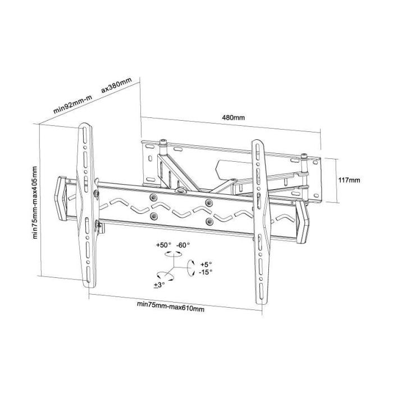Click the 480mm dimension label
pyautogui.click(x=234, y=118)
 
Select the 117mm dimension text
pyautogui.click(x=350, y=181)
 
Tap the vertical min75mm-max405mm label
pyautogui.click(x=35, y=203)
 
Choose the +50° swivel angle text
pyautogui.click(x=163, y=245)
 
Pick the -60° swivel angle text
pyautogui.click(x=184, y=245)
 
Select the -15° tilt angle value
pyautogui.click(x=206, y=272)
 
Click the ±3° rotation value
pyautogui.click(x=159, y=286)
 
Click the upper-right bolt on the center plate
pyautogui.click(x=209, y=202)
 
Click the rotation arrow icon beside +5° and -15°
pyautogui.click(x=191, y=268)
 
